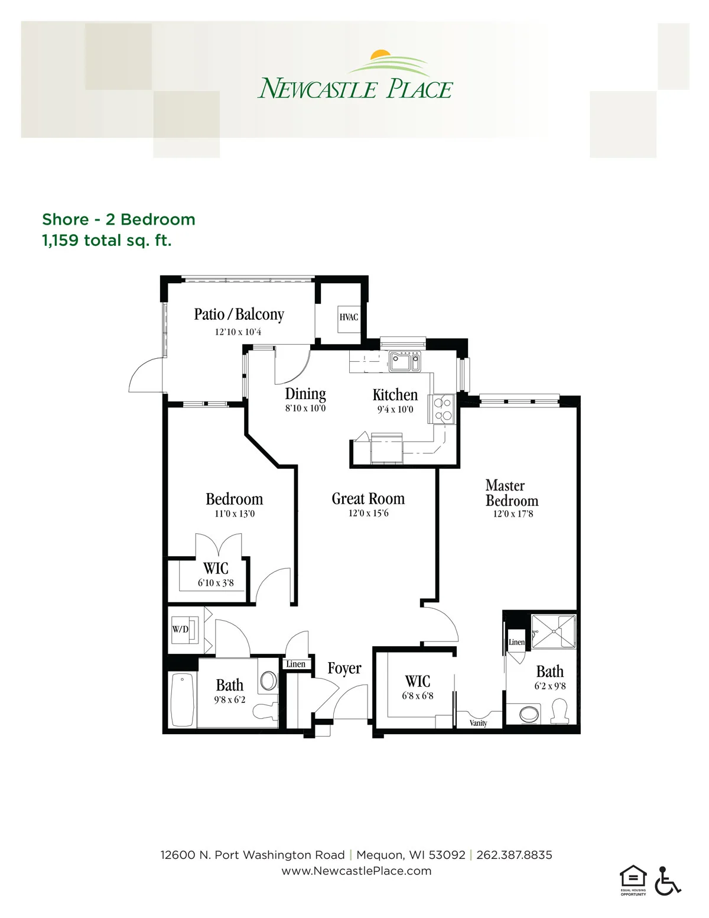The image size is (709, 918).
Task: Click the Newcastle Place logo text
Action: click(x=354, y=88)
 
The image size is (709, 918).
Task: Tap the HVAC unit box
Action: click(x=349, y=319)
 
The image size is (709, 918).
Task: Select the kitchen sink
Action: click(x=405, y=362)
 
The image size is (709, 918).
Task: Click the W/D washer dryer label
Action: click(x=180, y=630)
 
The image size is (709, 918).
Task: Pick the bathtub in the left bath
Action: click(x=183, y=699)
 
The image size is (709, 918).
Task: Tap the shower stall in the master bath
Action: click(x=554, y=631)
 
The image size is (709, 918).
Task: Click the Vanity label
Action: click(x=478, y=723)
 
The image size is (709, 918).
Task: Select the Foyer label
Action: click(x=344, y=669)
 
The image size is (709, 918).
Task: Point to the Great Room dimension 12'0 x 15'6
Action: click(x=368, y=513)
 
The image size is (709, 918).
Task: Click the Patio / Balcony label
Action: click(x=239, y=314)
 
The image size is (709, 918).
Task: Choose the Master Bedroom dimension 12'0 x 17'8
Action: click(x=513, y=514)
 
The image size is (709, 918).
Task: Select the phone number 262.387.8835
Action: click(x=514, y=855)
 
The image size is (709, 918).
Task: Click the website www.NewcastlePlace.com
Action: click(x=356, y=871)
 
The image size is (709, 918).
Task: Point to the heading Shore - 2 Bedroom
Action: click(x=119, y=220)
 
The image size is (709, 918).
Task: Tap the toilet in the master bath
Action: click(x=560, y=712)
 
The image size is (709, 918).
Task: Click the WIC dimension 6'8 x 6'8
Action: click(x=417, y=695)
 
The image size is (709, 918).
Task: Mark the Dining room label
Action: click(x=305, y=394)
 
